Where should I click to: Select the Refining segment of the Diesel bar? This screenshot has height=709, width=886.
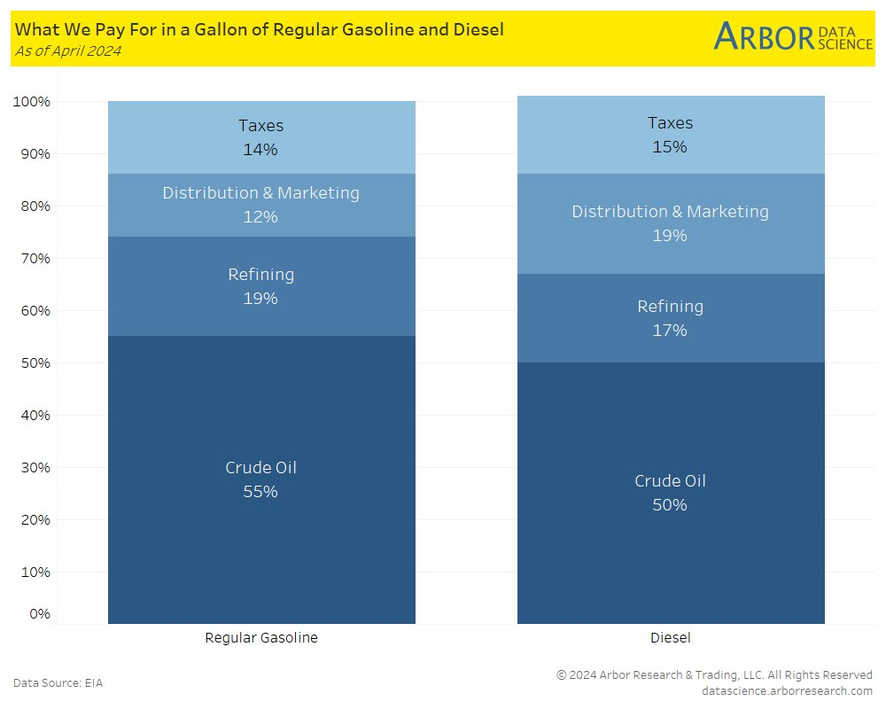click(671, 292)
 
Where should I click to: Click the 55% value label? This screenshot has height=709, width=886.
click(260, 492)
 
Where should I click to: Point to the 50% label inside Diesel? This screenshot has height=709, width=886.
click(670, 505)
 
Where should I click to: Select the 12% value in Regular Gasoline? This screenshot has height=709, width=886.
click(260, 217)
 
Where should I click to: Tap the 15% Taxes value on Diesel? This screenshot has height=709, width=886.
click(670, 147)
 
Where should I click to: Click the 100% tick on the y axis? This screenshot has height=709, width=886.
click(32, 102)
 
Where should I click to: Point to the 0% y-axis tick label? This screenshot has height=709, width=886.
click(39, 614)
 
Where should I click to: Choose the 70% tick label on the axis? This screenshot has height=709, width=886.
click(35, 259)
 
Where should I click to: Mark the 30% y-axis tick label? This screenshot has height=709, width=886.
click(35, 468)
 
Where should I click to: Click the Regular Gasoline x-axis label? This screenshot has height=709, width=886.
click(260, 637)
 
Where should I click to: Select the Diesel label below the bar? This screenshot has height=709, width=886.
click(670, 637)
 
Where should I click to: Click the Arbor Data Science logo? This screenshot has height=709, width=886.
click(793, 37)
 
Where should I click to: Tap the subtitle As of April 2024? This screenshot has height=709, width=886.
click(67, 51)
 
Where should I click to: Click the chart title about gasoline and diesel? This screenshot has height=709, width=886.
click(259, 29)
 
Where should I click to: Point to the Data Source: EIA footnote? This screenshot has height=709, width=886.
click(58, 682)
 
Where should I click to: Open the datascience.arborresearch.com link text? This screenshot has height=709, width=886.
click(787, 690)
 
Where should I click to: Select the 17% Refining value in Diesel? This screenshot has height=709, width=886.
click(670, 331)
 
